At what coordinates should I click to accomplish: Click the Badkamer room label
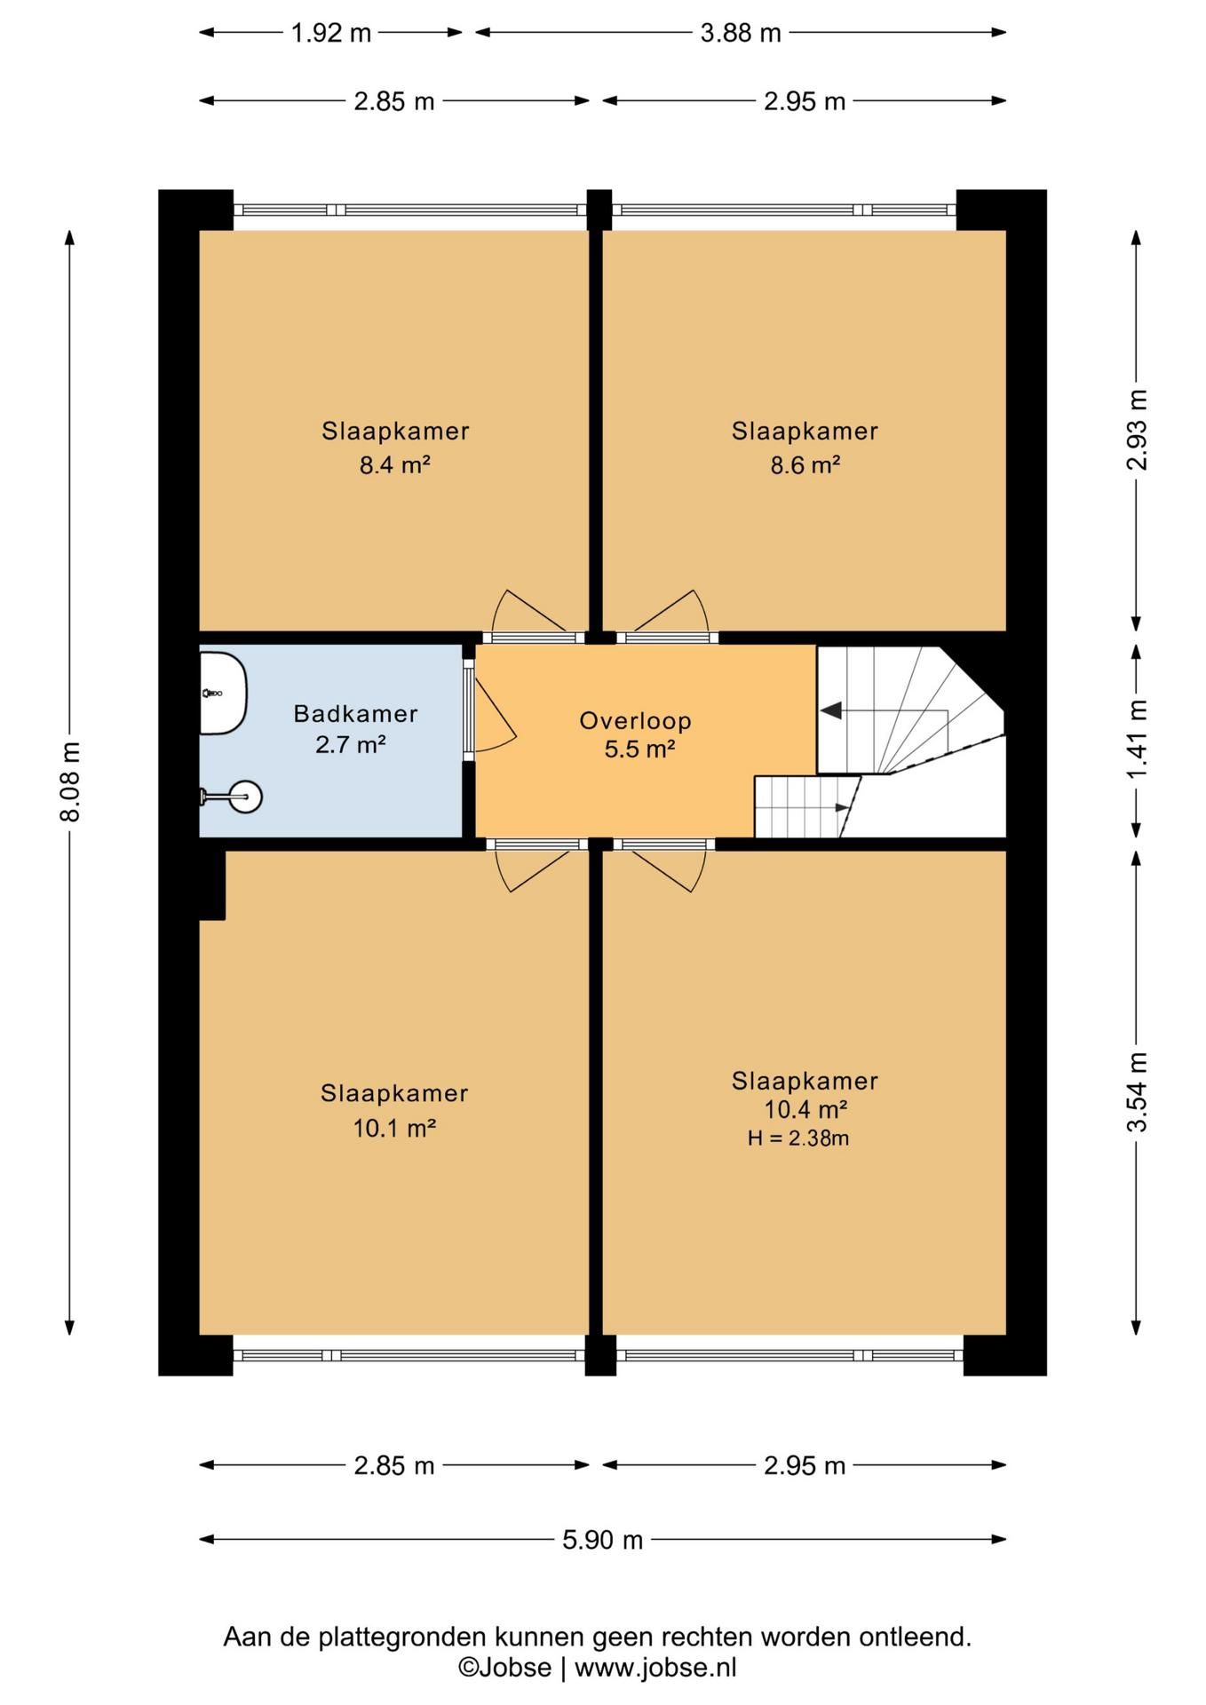click(x=355, y=713)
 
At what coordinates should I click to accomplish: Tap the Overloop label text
click(x=635, y=720)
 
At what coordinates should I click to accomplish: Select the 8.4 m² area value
click(x=394, y=464)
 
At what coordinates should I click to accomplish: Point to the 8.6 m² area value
click(x=805, y=464)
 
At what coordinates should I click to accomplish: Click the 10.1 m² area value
click(x=394, y=1128)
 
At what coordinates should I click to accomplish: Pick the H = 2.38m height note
click(x=798, y=1138)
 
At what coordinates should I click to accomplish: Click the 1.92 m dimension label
click(x=331, y=33)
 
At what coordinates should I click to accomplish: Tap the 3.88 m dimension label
click(x=741, y=33)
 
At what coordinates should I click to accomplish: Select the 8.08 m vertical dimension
click(x=70, y=781)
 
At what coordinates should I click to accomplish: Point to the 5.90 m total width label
click(x=602, y=1539)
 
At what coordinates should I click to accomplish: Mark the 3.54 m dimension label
click(x=1137, y=1091)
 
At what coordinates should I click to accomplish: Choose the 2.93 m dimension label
click(x=1137, y=430)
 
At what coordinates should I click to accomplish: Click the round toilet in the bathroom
click(x=234, y=797)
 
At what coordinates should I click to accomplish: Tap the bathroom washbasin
click(x=222, y=693)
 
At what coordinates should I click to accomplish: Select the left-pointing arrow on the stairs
click(x=831, y=710)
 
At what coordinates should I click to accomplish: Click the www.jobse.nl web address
click(x=655, y=1667)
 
